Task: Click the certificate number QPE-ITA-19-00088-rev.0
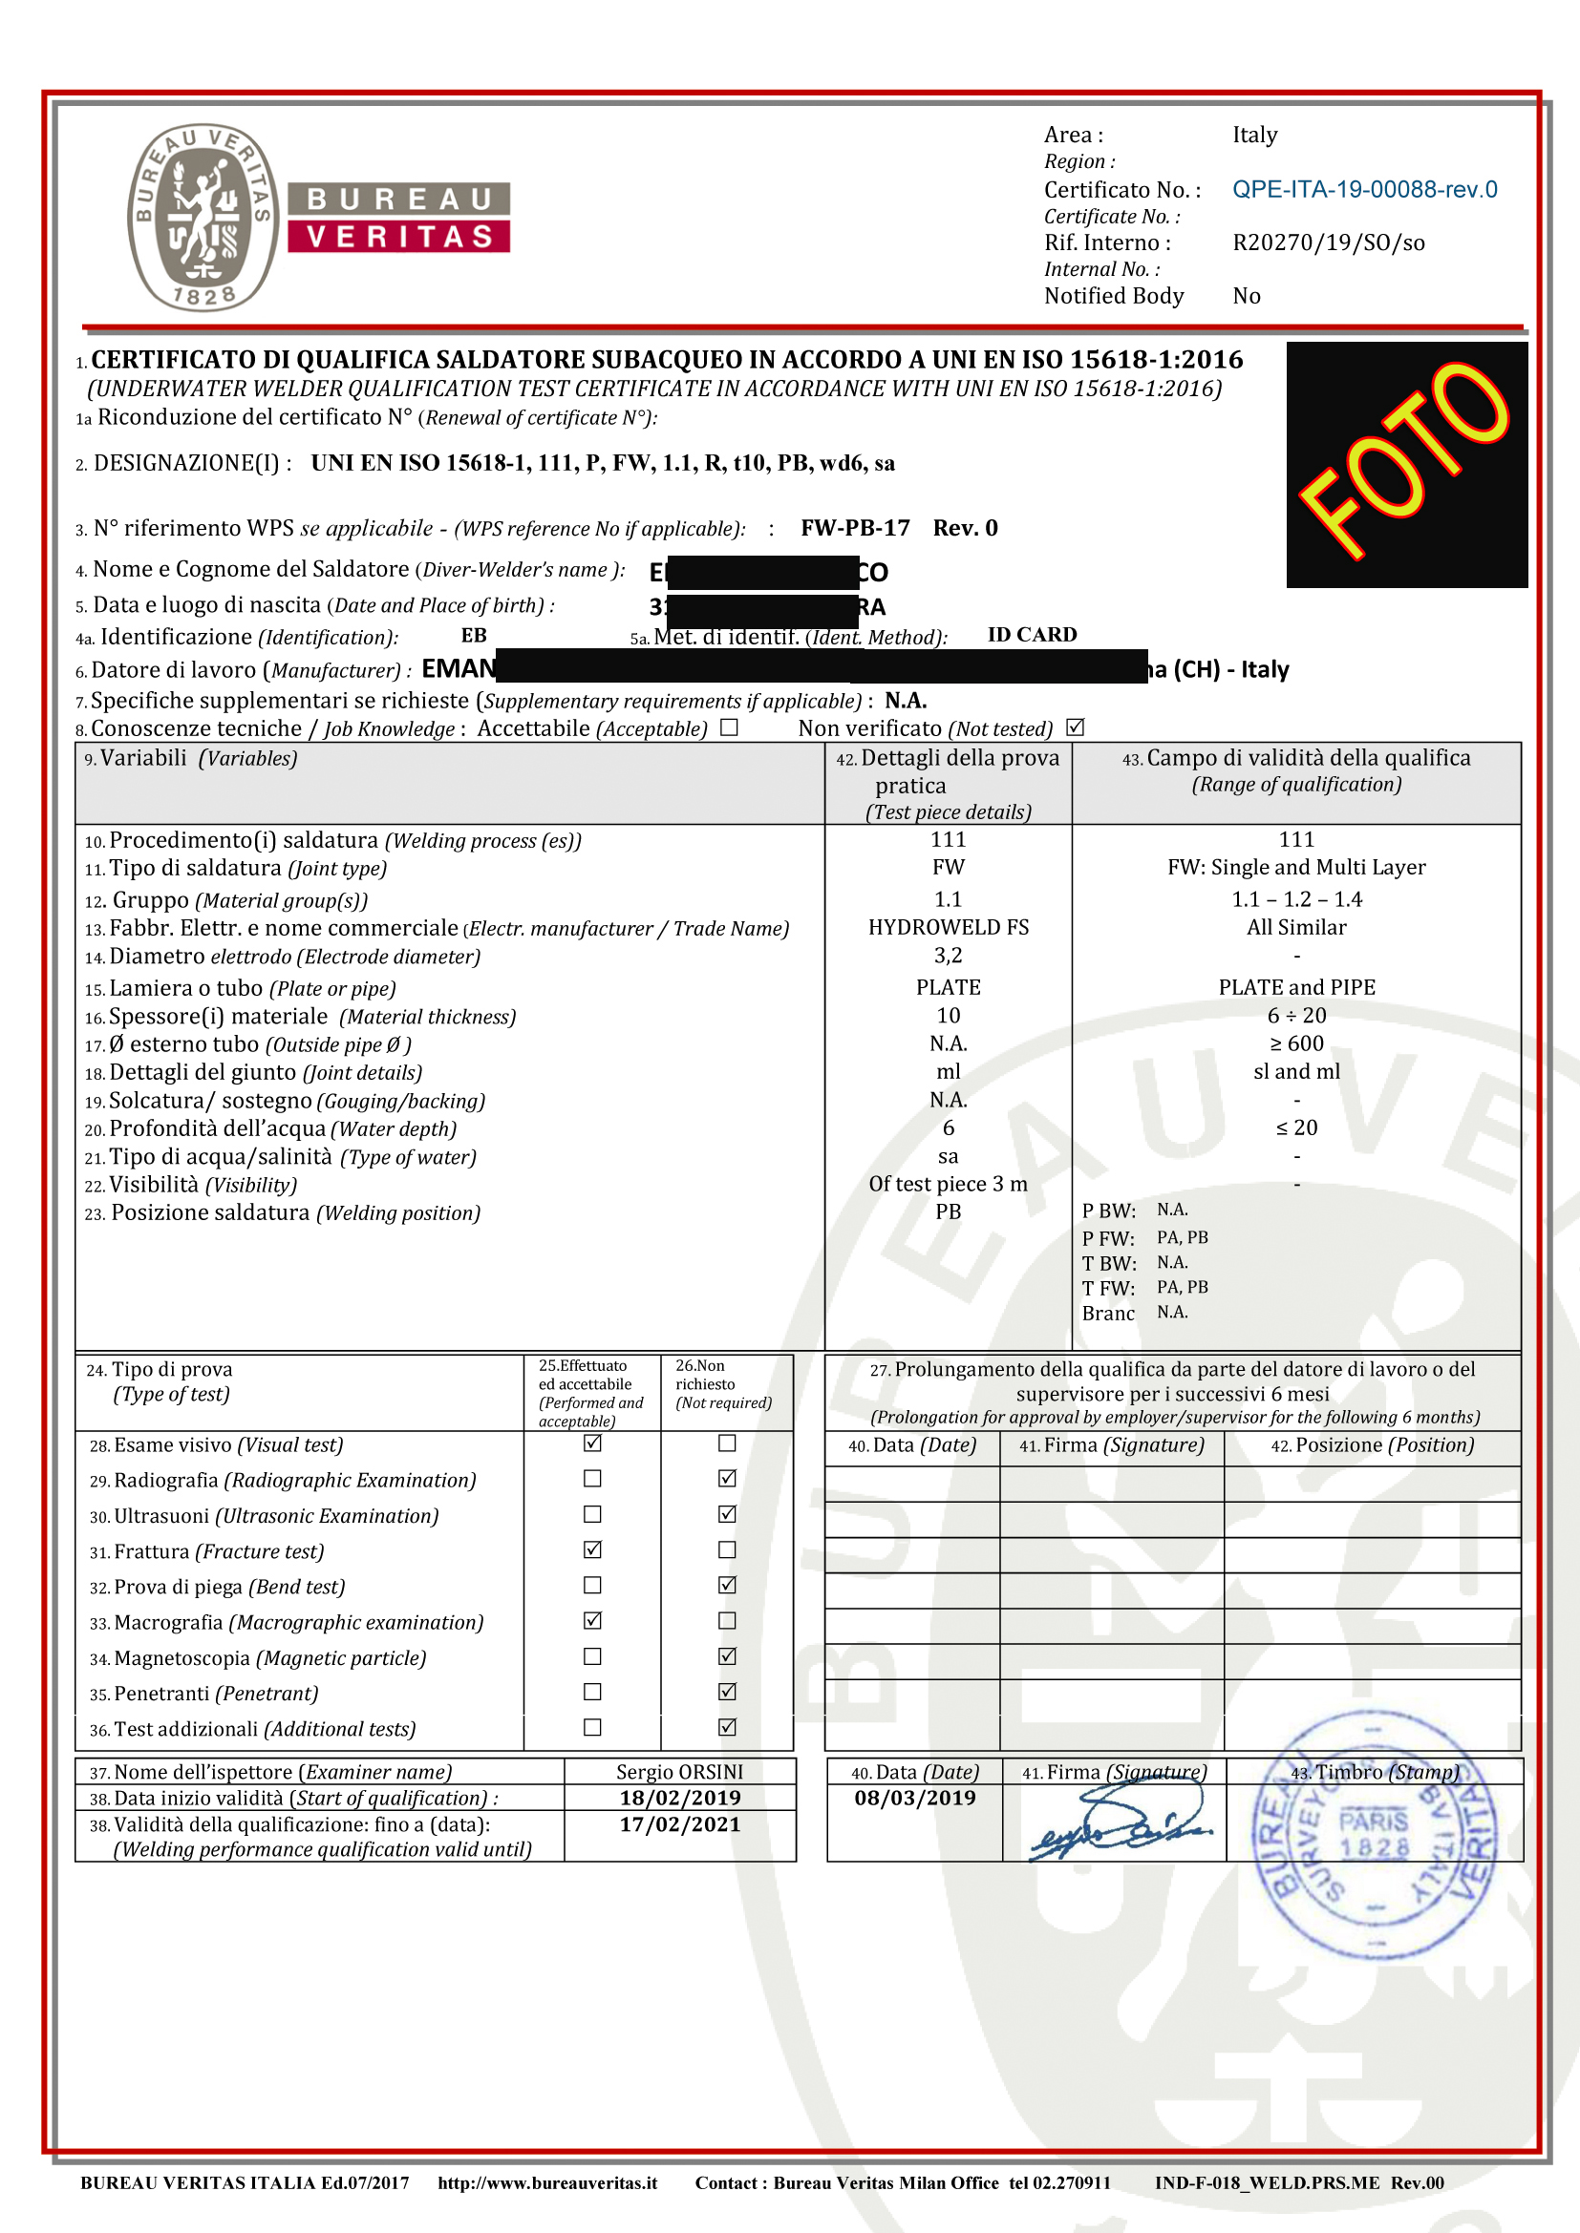click(x=1364, y=190)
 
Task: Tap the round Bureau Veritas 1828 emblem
click(x=203, y=217)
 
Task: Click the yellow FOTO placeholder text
click(x=1406, y=461)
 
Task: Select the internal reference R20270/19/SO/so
click(x=1328, y=243)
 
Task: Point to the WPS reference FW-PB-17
click(x=855, y=528)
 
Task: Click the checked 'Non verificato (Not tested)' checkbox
click(x=1075, y=727)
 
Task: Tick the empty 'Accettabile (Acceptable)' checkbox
click(x=730, y=727)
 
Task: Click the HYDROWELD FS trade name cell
click(x=948, y=928)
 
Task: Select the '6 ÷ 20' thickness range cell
click(x=1296, y=1017)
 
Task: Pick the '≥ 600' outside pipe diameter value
click(x=1296, y=1044)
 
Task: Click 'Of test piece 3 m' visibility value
click(x=948, y=1185)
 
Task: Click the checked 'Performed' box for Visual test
click(x=592, y=1444)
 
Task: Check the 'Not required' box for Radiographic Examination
click(x=727, y=1479)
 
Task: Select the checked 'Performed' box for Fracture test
click(x=592, y=1550)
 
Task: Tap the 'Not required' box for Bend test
click(x=727, y=1586)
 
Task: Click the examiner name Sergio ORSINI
click(x=679, y=1772)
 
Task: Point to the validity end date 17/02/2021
click(x=680, y=1825)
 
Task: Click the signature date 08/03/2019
click(x=914, y=1799)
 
